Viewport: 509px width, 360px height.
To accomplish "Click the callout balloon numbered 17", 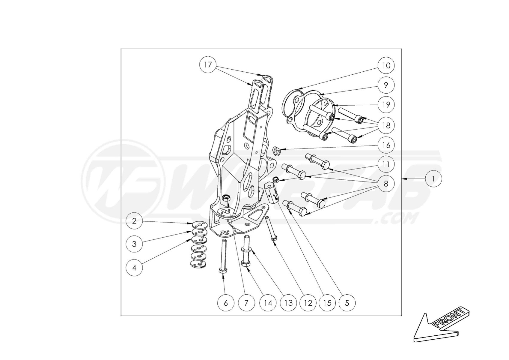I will coord(208,65).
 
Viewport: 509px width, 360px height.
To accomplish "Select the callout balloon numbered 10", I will coord(386,65).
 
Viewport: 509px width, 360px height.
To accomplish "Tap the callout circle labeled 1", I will coord(433,179).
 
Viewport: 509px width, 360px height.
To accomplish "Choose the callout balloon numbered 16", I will coord(386,145).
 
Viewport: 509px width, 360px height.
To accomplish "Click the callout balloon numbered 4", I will coord(134,268).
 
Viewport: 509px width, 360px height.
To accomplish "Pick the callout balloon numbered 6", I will coord(225,303).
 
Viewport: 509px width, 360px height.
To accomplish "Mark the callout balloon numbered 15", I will coord(327,303).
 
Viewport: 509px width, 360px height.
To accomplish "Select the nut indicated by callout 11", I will coord(276,180).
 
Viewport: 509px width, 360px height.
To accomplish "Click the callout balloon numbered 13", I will coord(288,303).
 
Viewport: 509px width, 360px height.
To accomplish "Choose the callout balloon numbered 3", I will coord(134,244).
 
